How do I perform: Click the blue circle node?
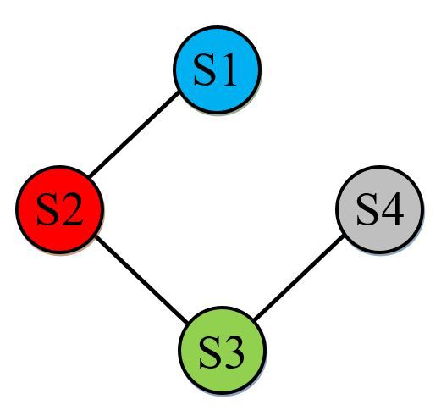tap(217, 69)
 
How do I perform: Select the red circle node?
tap(60, 209)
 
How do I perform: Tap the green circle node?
tap(222, 350)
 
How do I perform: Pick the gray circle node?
tap(380, 209)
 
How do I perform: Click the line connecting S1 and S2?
tap(135, 134)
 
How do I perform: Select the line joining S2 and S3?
tap(141, 280)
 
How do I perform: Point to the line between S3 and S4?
tap(299, 277)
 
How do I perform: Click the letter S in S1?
tap(203, 69)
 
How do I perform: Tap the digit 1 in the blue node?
tap(228, 69)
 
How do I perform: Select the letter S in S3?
tap(208, 352)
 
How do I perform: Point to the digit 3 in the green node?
tap(234, 352)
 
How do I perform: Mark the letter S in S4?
tap(367, 209)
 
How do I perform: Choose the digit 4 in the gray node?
tap(392, 209)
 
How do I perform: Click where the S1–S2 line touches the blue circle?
tap(179, 92)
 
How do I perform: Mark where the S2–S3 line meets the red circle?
tap(96, 236)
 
